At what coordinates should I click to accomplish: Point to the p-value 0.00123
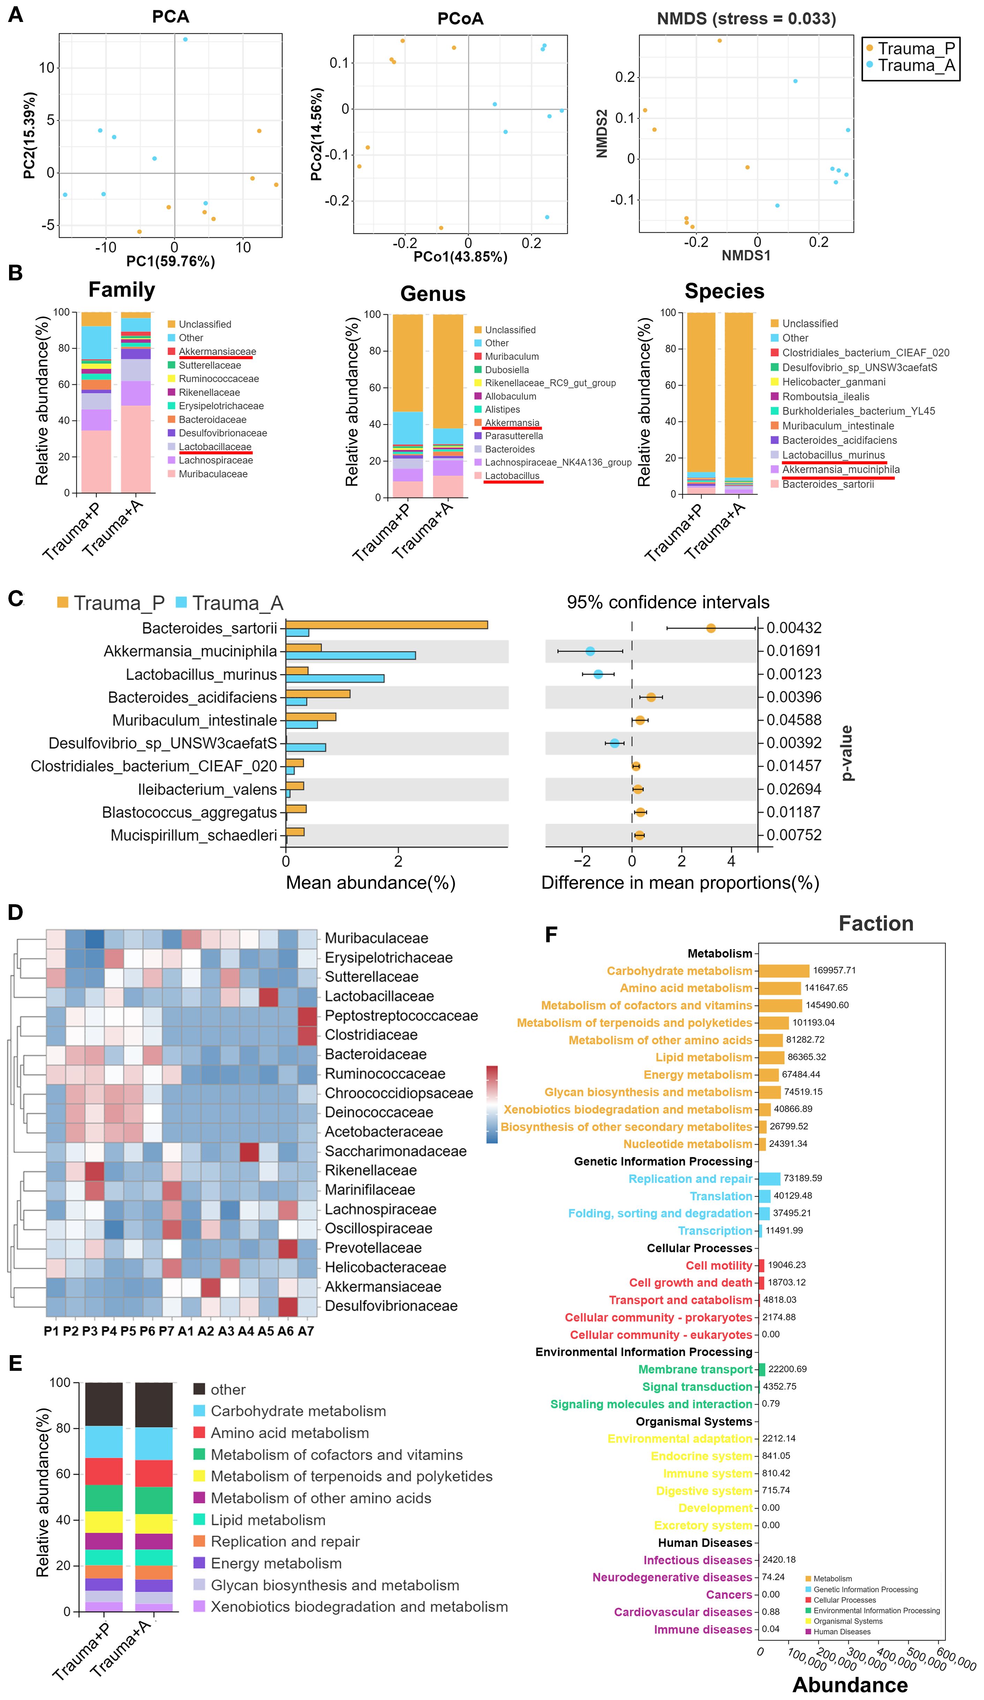[794, 674]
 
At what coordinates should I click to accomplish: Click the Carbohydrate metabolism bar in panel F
[783, 971]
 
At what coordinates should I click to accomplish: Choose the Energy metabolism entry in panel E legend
[276, 1563]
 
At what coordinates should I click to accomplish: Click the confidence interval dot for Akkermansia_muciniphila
[590, 651]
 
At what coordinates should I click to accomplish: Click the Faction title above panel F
[875, 923]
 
